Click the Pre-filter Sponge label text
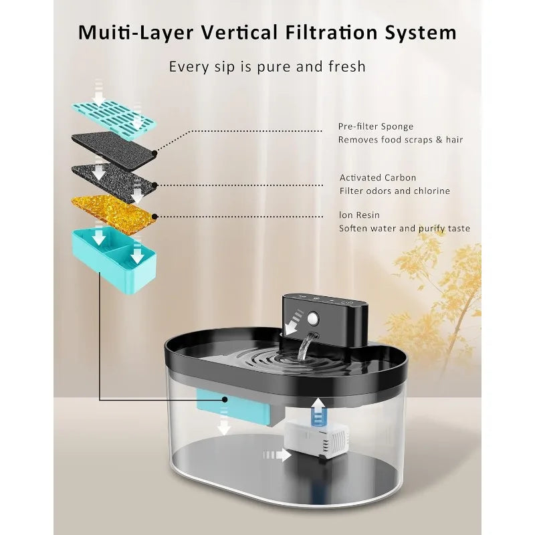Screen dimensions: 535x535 pos(376,126)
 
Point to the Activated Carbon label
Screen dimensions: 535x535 pos(378,178)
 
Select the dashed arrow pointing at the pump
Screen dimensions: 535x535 pos(278,455)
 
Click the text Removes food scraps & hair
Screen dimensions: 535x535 pos(401,140)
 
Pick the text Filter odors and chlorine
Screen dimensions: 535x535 pos(395,191)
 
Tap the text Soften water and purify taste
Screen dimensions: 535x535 pos(404,229)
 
